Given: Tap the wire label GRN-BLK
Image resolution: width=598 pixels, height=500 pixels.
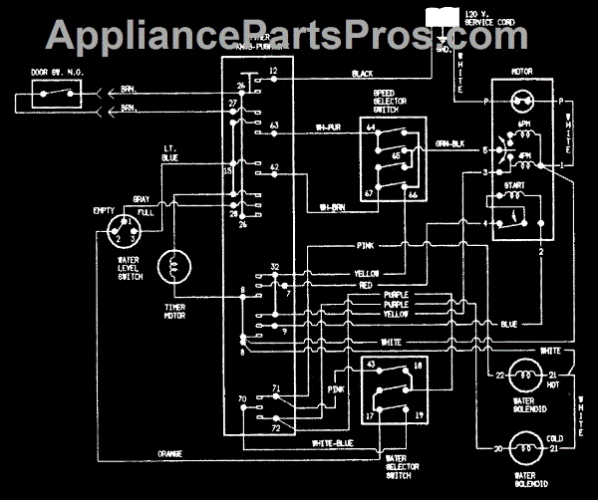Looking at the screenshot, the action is pyautogui.click(x=451, y=143).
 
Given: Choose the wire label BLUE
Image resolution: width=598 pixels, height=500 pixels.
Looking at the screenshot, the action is pyautogui.click(x=508, y=323).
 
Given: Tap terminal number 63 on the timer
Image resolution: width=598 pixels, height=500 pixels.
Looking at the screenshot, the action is pyautogui.click(x=273, y=126).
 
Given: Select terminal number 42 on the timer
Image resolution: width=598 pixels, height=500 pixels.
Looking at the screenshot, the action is pyautogui.click(x=273, y=166).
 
